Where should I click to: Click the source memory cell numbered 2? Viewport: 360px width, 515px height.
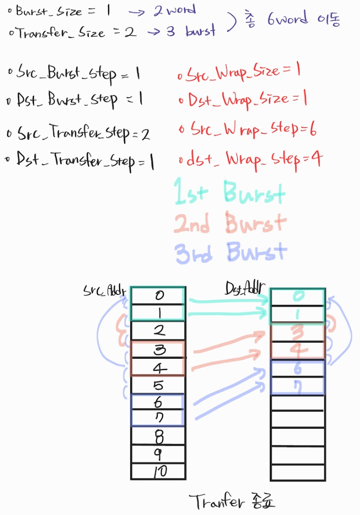[x=158, y=331]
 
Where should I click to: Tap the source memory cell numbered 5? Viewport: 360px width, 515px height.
[x=158, y=385]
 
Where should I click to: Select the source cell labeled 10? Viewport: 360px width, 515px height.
[x=158, y=471]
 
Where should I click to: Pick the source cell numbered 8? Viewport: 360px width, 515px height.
[x=158, y=436]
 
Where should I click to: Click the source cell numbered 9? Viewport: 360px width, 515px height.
[x=158, y=454]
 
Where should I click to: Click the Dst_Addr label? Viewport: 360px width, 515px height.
[x=245, y=288]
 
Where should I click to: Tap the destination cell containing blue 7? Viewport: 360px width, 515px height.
[x=298, y=386]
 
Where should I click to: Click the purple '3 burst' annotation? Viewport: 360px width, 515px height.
[x=191, y=31]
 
